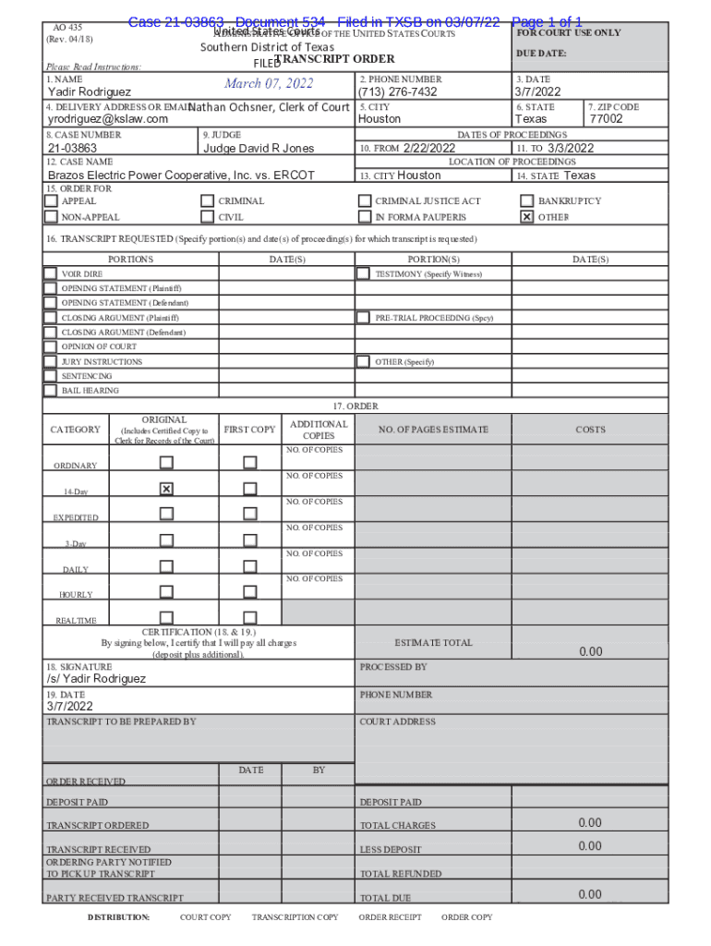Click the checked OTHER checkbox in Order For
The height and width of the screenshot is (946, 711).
(526, 217)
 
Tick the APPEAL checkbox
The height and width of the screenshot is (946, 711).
(50, 200)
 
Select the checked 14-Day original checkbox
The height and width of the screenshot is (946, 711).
(166, 489)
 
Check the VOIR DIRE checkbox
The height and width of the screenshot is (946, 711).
(50, 273)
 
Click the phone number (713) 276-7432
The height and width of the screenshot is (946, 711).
(397, 92)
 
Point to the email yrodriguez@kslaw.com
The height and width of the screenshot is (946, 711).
(108, 119)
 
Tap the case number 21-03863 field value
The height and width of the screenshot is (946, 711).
(72, 148)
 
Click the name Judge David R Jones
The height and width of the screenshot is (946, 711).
(259, 148)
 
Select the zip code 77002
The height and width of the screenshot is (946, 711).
(607, 119)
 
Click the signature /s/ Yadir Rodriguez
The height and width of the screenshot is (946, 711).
(96, 678)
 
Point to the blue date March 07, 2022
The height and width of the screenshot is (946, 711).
(269, 84)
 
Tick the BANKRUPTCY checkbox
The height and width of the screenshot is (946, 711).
(526, 200)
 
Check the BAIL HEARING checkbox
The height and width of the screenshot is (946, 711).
(50, 390)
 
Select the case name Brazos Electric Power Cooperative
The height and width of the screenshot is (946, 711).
(181, 175)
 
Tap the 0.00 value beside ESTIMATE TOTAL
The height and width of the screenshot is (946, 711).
(590, 651)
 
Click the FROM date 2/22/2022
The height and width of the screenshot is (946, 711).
(429, 148)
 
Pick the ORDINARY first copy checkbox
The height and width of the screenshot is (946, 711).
(250, 463)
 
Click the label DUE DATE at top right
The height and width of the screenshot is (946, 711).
(541, 54)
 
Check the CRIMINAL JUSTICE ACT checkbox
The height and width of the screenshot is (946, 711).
(364, 200)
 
